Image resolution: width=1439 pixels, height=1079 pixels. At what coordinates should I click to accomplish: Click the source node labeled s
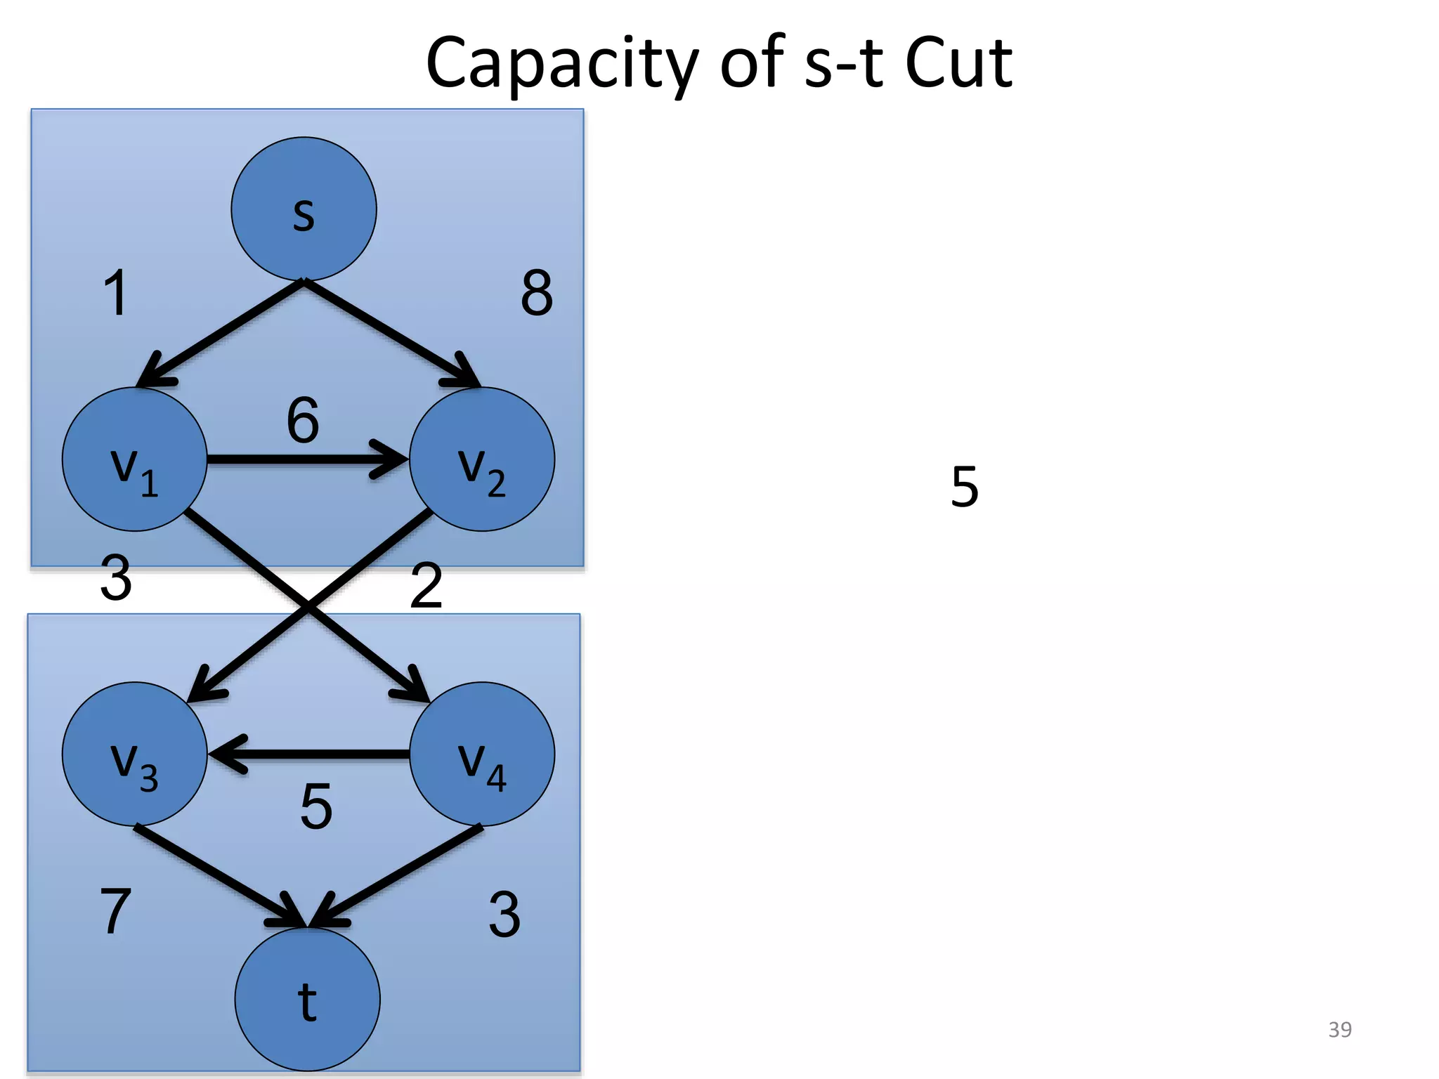(x=304, y=209)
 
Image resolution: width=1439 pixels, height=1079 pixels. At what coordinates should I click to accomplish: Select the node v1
(x=134, y=459)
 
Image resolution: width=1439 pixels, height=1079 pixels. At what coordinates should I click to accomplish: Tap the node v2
(x=482, y=459)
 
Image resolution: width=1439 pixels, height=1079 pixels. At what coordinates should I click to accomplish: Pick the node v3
(x=134, y=754)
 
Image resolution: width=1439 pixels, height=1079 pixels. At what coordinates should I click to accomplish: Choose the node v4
(x=482, y=754)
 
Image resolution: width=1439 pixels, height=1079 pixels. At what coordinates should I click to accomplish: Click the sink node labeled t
(x=307, y=1000)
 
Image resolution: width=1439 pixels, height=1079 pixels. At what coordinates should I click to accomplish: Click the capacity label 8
(x=537, y=293)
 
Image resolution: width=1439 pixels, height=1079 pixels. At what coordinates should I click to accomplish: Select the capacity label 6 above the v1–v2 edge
(x=303, y=420)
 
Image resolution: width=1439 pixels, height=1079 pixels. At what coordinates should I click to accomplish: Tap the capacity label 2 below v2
(x=427, y=585)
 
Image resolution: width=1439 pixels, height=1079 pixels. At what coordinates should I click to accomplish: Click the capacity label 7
(x=116, y=911)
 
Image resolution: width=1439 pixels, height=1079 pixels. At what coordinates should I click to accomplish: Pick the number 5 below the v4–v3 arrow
(x=316, y=806)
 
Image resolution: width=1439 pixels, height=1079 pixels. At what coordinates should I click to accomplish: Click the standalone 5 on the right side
(x=965, y=486)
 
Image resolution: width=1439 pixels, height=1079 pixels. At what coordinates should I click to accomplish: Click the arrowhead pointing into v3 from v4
(x=226, y=754)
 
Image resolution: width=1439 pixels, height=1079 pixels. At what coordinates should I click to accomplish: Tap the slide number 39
(x=1340, y=1029)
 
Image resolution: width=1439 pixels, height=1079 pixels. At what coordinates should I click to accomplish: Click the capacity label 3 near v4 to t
(x=504, y=914)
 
